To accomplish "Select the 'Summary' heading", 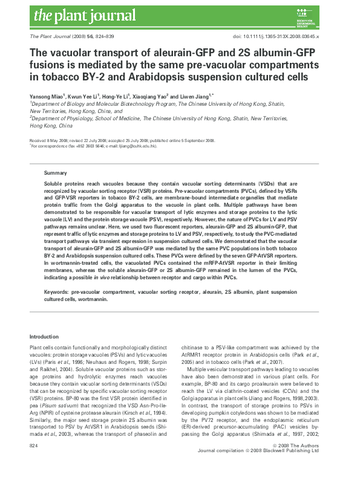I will [x=56, y=173].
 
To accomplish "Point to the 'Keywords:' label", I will [x=58, y=291].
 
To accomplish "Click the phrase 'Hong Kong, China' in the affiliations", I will [x=51, y=126].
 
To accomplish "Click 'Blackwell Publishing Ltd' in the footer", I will [x=304, y=467].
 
